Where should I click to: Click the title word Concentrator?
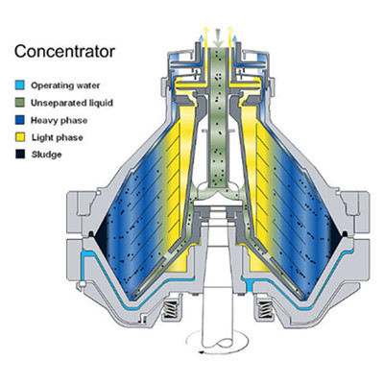[64, 51]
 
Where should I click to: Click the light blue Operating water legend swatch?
[20, 85]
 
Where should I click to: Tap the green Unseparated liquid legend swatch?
[20, 103]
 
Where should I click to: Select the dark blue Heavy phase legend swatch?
[20, 120]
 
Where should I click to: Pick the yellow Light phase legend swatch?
[20, 137]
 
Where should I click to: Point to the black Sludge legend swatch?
[20, 155]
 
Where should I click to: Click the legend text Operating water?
[65, 85]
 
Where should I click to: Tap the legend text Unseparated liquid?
[72, 103]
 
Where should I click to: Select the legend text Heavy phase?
[59, 120]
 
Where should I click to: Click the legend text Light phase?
[57, 137]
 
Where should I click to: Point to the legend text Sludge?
[46, 155]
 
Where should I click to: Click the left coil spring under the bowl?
[170, 309]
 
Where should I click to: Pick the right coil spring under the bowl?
[266, 309]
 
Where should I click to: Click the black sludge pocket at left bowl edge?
[102, 237]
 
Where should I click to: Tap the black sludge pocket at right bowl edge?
[334, 237]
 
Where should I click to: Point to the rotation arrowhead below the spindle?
[202, 352]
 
